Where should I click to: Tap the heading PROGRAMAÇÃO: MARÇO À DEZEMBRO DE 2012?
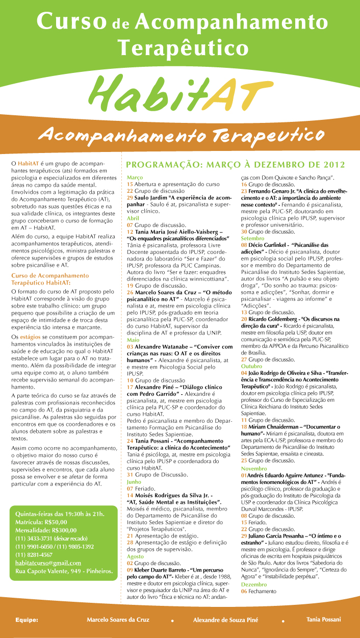235,165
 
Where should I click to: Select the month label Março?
135,177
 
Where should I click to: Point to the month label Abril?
134,217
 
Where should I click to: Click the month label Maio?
133,311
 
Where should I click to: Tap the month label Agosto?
136,556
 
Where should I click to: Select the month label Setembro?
253,238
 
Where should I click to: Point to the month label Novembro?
254,468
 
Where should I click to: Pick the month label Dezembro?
254,584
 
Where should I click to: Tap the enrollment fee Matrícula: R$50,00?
41,522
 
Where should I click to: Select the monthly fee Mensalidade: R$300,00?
46,530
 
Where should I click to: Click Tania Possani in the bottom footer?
324,619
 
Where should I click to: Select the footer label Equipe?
27,620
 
